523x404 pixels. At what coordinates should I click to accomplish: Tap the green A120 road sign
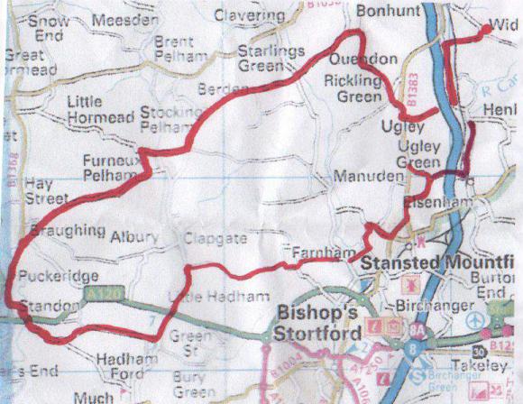[101, 292]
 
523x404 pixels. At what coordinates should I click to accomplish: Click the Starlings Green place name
[271, 58]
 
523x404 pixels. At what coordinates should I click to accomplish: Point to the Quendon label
[364, 60]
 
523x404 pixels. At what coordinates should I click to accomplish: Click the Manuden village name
[365, 177]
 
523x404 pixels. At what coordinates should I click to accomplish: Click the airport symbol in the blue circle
[475, 321]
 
